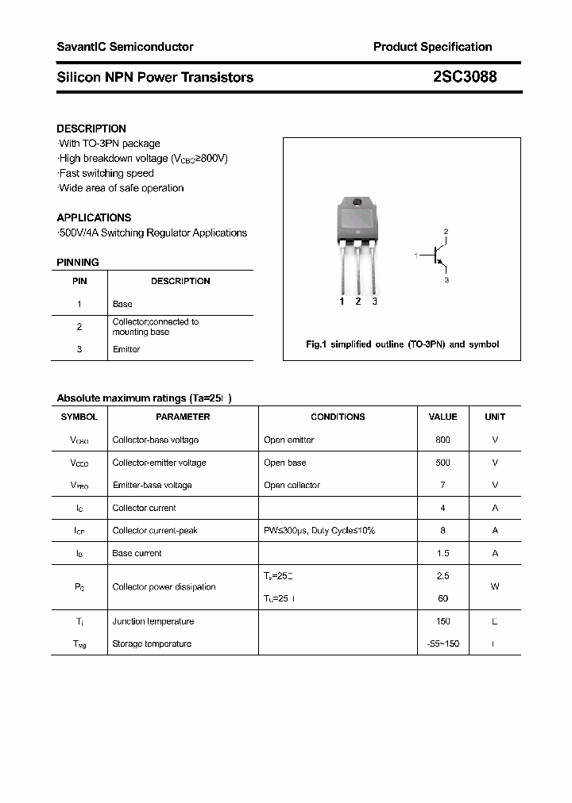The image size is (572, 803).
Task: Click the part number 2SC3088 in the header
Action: [466, 77]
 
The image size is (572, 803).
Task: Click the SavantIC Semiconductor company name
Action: [125, 47]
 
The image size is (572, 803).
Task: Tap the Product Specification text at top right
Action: [432, 47]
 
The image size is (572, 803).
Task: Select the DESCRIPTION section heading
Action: [91, 129]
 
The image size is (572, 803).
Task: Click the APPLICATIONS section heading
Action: [94, 217]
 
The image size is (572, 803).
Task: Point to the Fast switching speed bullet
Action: [106, 173]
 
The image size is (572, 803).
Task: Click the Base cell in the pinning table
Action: [122, 304]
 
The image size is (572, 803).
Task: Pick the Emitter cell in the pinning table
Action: [126, 349]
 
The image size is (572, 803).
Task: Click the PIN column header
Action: [79, 281]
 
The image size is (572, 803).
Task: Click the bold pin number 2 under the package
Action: [357, 302]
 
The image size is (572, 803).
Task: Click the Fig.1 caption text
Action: [402, 344]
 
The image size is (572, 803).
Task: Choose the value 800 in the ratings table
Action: [443, 440]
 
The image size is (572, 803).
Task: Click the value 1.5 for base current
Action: [443, 553]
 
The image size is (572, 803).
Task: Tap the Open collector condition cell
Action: [292, 485]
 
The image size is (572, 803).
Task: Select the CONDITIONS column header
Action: [338, 417]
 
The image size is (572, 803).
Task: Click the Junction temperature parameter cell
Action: [153, 621]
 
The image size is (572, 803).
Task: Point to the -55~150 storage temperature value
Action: [443, 644]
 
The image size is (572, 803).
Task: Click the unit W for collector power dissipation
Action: [494, 587]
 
